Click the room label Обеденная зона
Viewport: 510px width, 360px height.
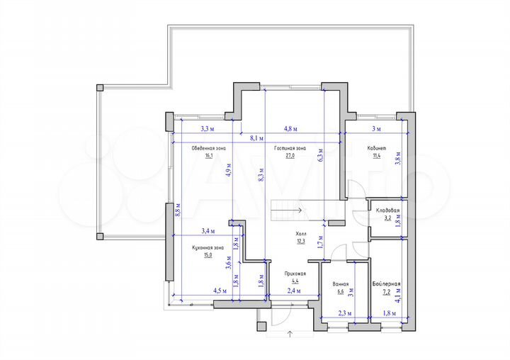tap(208, 149)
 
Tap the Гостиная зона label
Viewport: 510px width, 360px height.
tap(290, 149)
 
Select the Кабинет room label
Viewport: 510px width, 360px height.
tap(376, 149)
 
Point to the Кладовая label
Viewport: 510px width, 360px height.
tap(387, 211)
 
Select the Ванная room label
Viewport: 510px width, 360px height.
tap(340, 284)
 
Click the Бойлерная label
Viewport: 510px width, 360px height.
tap(386, 284)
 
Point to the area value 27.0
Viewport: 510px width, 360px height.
tap(290, 157)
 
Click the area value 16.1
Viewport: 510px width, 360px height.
tap(208, 157)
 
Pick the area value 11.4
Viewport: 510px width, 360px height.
tap(376, 157)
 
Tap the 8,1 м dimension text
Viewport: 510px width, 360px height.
tap(256, 139)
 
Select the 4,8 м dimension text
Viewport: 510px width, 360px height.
tap(290, 129)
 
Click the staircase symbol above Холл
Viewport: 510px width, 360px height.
tap(286, 210)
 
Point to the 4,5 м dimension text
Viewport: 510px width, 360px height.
tap(219, 291)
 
